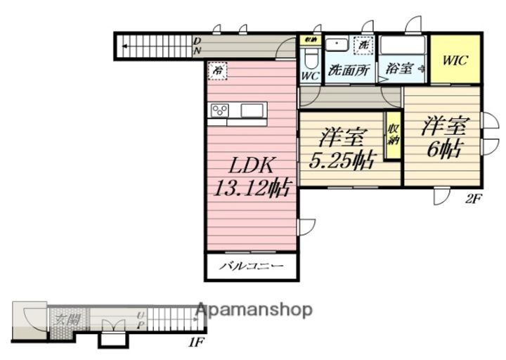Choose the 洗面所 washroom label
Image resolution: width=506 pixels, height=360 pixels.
tap(349, 70)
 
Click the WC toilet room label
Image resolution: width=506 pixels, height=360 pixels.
tap(310, 75)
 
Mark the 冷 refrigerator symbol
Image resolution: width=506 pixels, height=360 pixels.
tap(218, 71)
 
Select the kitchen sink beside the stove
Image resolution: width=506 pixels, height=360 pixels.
tap(252, 110)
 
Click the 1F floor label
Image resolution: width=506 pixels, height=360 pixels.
tap(196, 344)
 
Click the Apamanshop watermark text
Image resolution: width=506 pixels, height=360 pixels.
tap(254, 309)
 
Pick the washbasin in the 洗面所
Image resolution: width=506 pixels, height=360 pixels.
tap(339, 44)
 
